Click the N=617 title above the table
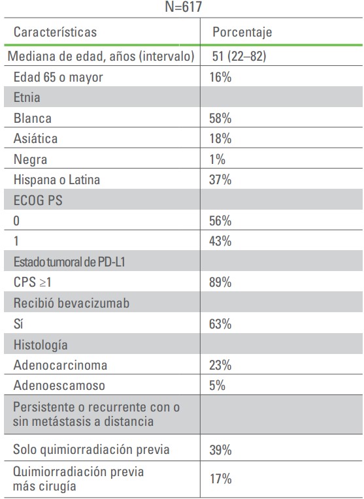click(x=184, y=7)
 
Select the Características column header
click(x=55, y=32)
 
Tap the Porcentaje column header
click(x=242, y=32)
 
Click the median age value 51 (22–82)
click(x=239, y=56)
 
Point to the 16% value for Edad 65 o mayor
click(x=220, y=77)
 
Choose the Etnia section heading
click(x=27, y=97)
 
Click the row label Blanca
click(x=33, y=118)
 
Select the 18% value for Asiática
click(x=220, y=138)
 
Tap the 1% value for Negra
click(x=217, y=159)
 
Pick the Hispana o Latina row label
click(x=57, y=180)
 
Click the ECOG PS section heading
click(x=38, y=201)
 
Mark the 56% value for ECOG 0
click(x=220, y=221)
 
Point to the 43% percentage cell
click(x=220, y=241)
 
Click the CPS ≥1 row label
click(x=32, y=282)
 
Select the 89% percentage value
click(x=220, y=282)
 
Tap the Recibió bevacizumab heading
click(x=72, y=303)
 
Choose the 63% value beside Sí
click(x=220, y=324)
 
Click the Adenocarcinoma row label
click(x=60, y=365)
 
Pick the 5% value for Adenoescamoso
click(x=217, y=385)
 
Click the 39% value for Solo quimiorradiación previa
click(x=220, y=450)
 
